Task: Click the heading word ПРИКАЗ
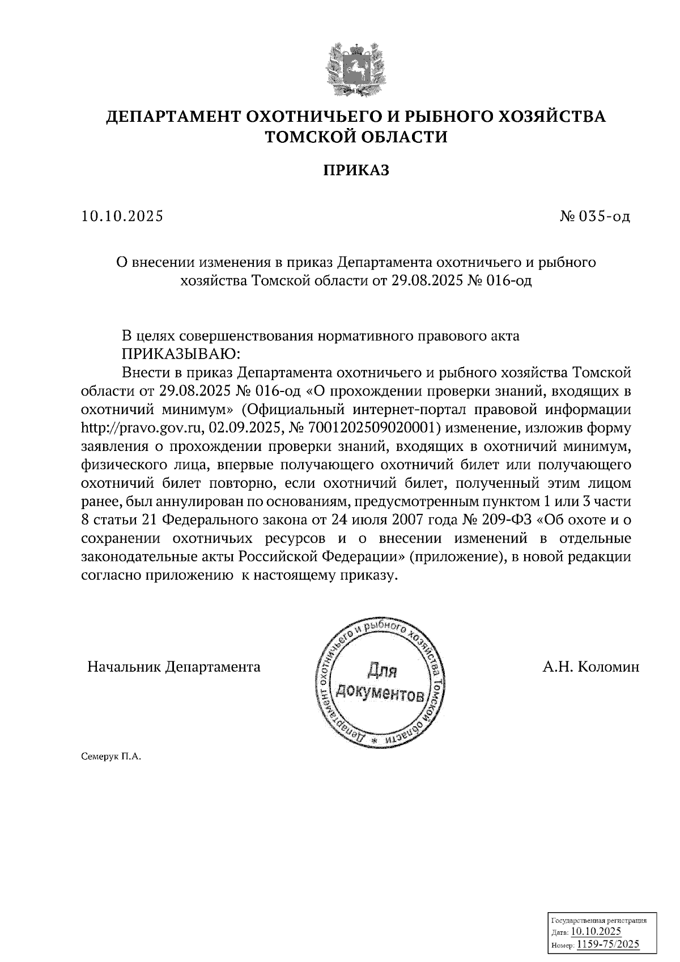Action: pyautogui.click(x=356, y=170)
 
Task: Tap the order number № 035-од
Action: pyautogui.click(x=594, y=216)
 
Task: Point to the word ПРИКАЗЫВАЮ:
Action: pyautogui.click(x=181, y=354)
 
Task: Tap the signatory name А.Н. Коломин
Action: pyautogui.click(x=590, y=667)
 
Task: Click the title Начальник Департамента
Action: pyautogui.click(x=174, y=667)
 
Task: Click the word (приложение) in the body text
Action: pyautogui.click(x=457, y=556)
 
